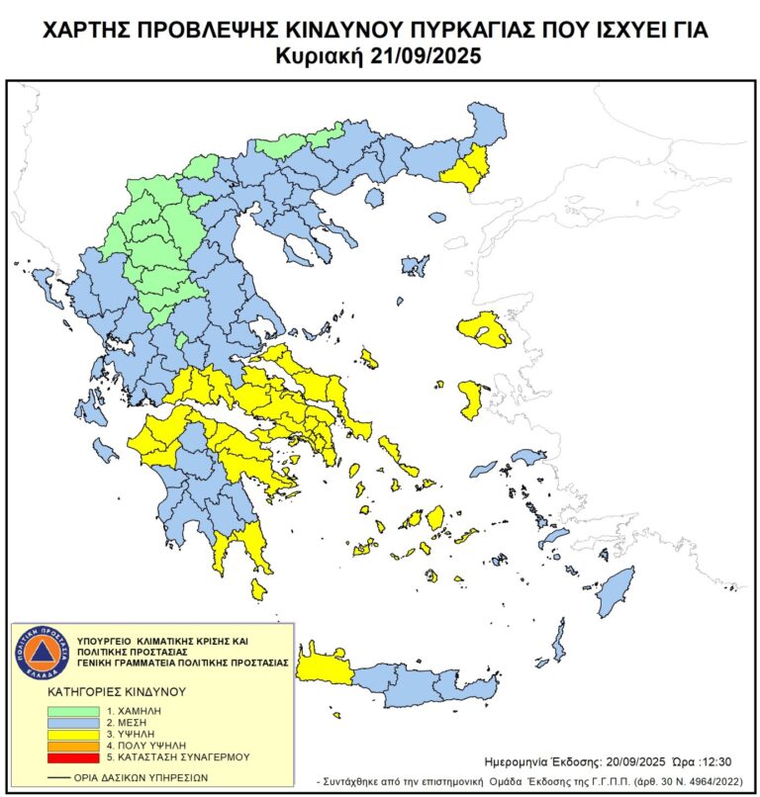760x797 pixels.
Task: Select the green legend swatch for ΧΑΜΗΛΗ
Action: pos(75,711)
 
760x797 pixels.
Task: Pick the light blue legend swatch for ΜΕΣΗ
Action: pos(75,723)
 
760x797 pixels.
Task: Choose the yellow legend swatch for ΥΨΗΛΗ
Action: pos(75,734)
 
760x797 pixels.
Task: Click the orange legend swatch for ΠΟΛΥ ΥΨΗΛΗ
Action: pos(75,745)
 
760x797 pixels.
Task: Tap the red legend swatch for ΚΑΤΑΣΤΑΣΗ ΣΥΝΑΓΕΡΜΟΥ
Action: pos(75,756)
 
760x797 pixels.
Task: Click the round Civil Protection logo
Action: pos(42,653)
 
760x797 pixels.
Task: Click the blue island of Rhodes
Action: pos(616,590)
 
